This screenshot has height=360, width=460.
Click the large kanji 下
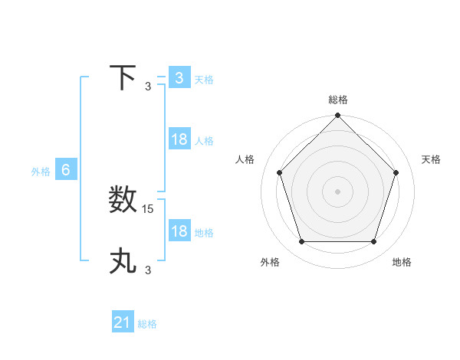[123, 77]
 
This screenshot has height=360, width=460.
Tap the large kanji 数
[123, 200]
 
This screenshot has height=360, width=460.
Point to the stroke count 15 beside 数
[149, 208]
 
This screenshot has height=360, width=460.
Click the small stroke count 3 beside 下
[148, 86]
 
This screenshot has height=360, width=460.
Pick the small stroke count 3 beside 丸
[148, 270]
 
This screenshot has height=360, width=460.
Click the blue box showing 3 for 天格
[179, 78]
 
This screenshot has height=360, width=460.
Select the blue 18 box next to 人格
[179, 139]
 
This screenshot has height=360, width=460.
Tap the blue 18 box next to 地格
[179, 231]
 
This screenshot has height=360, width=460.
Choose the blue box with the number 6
[66, 170]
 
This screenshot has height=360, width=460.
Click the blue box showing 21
[123, 322]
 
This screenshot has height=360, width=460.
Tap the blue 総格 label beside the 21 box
[147, 324]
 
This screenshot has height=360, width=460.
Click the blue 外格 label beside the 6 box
[41, 172]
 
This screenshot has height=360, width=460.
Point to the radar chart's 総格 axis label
[338, 100]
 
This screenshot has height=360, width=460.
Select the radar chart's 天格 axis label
[432, 159]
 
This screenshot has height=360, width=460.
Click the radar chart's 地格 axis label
[402, 262]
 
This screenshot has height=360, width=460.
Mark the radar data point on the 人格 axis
[279, 172]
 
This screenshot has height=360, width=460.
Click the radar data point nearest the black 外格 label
[301, 242]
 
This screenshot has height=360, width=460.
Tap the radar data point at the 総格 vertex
[337, 116]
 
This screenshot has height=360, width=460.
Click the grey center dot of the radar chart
[337, 191]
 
